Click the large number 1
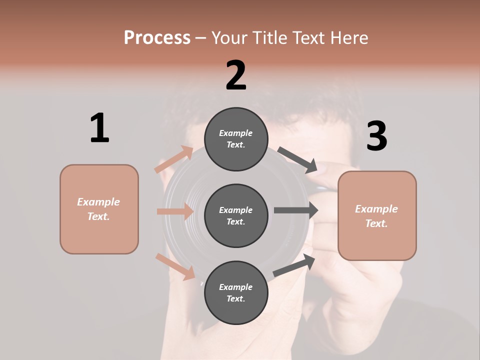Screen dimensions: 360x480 [99, 128]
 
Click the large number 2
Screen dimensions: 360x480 [236, 75]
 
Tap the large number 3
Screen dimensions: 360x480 [377, 136]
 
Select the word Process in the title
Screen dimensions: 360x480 [157, 37]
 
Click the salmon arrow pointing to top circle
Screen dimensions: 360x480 [174, 159]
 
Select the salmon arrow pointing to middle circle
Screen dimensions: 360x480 [175, 211]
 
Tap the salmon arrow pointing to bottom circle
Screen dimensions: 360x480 [175, 266]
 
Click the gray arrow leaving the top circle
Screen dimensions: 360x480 [297, 160]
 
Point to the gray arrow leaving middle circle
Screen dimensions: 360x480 [296, 210]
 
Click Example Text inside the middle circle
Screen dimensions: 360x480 [236, 216]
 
